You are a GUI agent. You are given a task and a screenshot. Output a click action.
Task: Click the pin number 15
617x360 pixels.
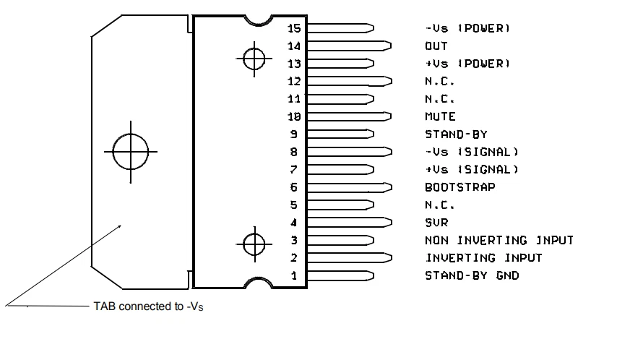(x=293, y=28)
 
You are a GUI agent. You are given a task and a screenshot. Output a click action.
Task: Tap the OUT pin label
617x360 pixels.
(x=436, y=46)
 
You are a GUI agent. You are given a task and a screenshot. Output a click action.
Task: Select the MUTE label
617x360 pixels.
(x=440, y=116)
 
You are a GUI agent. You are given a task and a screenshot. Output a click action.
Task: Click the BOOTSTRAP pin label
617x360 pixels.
(x=459, y=187)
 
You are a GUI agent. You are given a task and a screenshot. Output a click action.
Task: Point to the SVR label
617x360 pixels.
(x=436, y=223)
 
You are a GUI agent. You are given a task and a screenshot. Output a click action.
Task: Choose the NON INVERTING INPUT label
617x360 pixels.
(x=499, y=240)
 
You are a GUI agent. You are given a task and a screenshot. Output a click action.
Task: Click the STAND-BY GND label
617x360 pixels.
(x=471, y=275)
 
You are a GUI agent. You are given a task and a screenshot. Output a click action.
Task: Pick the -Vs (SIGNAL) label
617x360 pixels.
(x=472, y=152)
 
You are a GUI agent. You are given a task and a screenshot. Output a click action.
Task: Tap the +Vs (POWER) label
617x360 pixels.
(x=467, y=64)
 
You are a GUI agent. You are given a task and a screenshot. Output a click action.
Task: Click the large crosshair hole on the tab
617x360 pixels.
(x=131, y=152)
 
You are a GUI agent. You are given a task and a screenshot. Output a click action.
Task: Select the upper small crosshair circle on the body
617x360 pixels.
(x=254, y=59)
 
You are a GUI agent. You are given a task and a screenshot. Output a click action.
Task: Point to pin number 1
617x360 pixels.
(x=294, y=275)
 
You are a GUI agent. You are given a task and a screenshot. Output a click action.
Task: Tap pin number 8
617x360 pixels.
(x=294, y=152)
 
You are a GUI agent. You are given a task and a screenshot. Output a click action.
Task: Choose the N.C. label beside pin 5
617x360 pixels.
(x=440, y=205)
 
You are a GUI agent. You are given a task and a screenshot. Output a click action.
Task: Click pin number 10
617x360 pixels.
(x=293, y=116)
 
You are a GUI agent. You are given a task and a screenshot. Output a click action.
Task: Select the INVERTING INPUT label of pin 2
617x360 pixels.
(x=483, y=257)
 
